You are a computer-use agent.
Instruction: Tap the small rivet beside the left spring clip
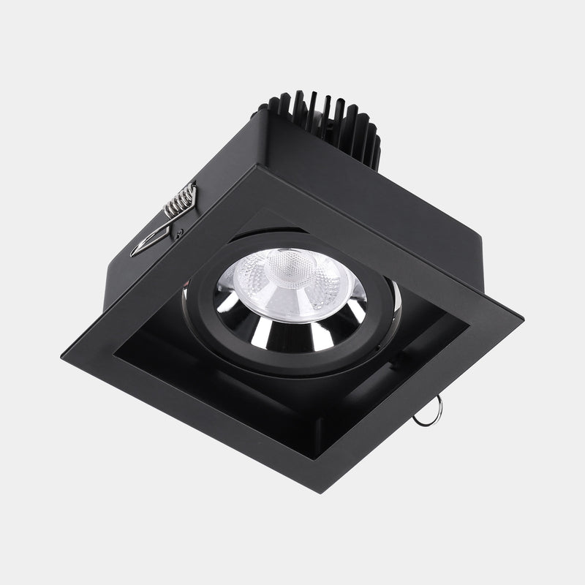(x=180, y=233)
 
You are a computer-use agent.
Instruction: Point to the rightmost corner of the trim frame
(x=522, y=319)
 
